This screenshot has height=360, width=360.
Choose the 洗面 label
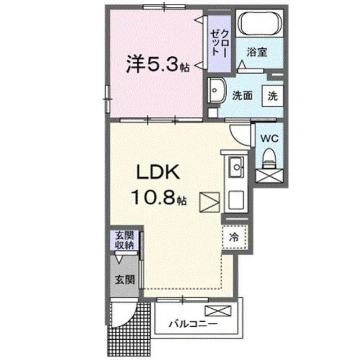(243, 96)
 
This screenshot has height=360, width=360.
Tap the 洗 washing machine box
(272, 95)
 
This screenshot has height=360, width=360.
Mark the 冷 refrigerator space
(233, 237)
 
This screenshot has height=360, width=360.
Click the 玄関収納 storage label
(125, 240)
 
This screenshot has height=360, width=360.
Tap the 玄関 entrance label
(124, 278)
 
